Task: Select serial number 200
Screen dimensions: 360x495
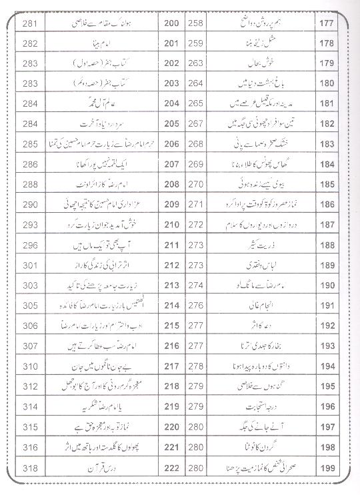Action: click(171, 25)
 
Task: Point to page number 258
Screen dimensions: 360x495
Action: click(196, 25)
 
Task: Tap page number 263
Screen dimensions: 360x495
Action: click(196, 65)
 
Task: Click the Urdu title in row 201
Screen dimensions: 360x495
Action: click(100, 45)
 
